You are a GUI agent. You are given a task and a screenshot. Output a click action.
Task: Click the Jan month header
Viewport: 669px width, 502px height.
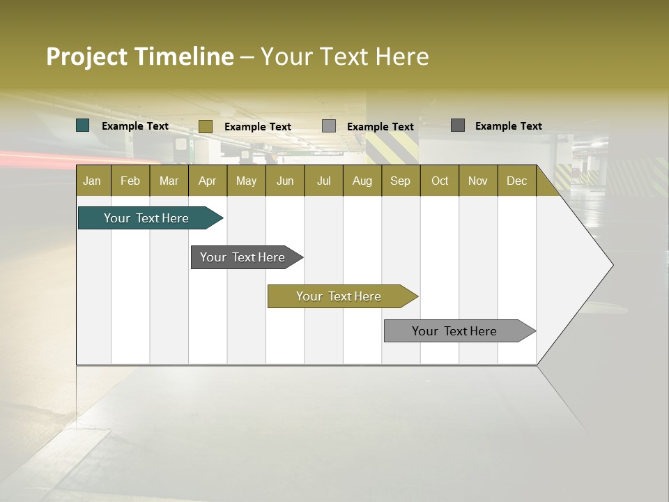tap(92, 181)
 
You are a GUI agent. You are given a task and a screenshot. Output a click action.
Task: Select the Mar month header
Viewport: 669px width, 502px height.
tap(169, 181)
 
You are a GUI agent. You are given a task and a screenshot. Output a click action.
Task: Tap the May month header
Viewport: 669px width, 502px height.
tap(246, 181)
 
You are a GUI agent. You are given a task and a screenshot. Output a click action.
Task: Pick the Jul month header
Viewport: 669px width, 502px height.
tap(323, 181)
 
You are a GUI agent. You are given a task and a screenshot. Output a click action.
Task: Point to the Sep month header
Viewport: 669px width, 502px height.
tap(400, 181)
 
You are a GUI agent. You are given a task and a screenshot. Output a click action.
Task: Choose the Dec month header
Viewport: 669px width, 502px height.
tap(516, 181)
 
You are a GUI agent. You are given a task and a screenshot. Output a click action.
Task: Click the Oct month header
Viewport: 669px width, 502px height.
tap(440, 181)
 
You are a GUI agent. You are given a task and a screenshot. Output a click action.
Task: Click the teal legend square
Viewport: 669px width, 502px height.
tap(83, 125)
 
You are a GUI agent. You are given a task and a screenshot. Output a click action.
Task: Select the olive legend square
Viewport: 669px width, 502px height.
tap(205, 126)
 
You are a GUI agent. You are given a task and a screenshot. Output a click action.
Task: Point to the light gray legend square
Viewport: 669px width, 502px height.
tap(329, 126)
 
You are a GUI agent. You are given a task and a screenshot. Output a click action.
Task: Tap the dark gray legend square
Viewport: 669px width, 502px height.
tap(458, 125)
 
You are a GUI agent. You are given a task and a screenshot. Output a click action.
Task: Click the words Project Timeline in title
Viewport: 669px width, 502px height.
tap(139, 56)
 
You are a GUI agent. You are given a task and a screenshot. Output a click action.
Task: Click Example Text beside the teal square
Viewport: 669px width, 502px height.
tap(135, 126)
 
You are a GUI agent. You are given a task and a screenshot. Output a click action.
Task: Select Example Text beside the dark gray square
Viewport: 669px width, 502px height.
tap(508, 126)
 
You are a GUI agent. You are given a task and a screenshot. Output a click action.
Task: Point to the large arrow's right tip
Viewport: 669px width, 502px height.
tap(611, 265)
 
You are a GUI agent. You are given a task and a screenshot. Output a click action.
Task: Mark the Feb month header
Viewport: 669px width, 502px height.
tap(130, 181)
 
